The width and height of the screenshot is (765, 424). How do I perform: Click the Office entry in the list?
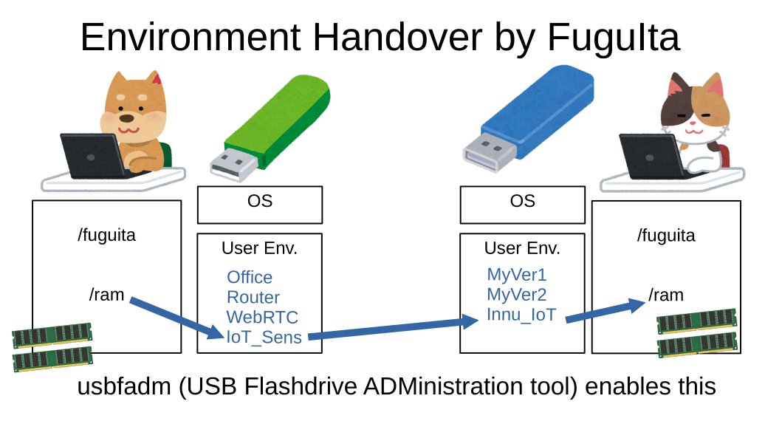250,277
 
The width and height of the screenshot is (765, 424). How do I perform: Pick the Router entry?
253,298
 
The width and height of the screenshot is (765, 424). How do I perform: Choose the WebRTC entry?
262,318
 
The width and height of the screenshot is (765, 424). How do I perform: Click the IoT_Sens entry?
264,338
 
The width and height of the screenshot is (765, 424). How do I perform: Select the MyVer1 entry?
517,276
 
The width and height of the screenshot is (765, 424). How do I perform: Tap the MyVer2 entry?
517,295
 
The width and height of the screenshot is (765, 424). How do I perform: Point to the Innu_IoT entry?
521,315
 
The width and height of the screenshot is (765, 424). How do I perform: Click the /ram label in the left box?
106,295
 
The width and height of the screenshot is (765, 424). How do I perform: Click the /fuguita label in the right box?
666,236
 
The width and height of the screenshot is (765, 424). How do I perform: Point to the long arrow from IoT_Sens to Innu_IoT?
391,329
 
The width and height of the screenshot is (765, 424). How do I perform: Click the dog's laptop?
92,154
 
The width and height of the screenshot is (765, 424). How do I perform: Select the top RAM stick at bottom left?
52,336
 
